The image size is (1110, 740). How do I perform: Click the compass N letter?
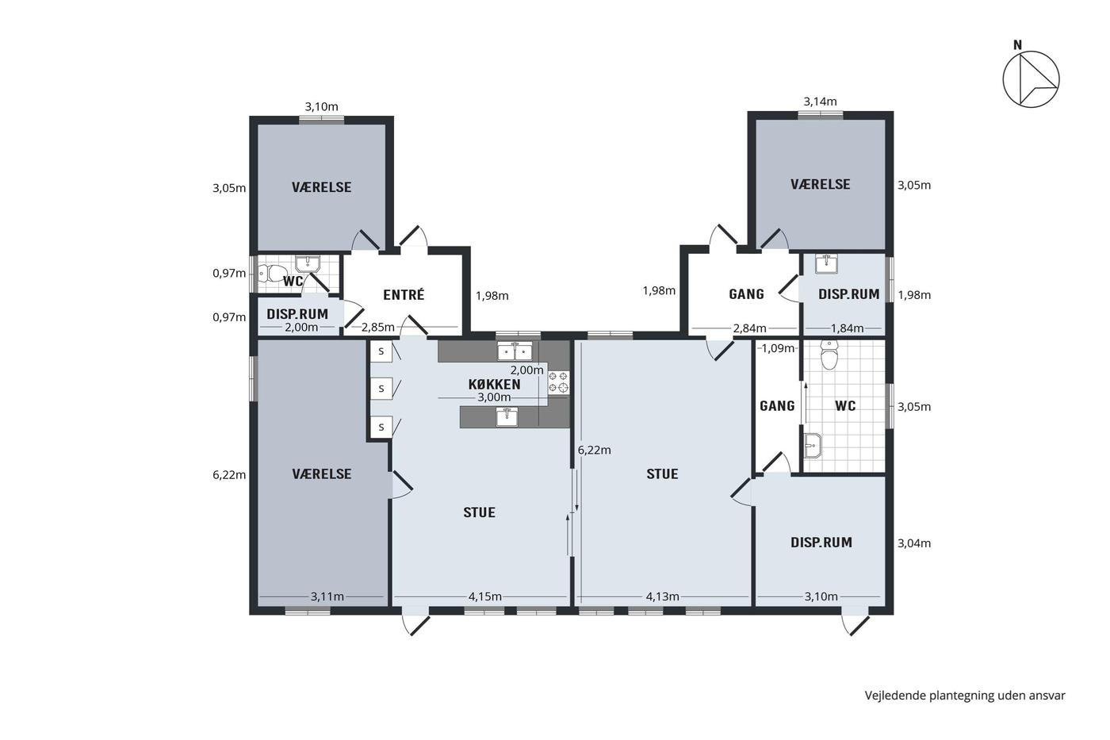pos(1017,45)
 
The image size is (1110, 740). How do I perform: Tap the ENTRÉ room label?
pos(404,295)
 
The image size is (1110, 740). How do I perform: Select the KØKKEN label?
pos(495,384)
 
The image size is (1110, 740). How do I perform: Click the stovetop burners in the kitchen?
pos(558,382)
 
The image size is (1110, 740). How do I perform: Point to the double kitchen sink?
pos(515,351)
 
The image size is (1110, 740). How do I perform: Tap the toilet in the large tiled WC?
pos(829,355)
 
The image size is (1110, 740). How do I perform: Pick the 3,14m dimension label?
pos(820,102)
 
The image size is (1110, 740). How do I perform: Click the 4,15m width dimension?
pos(484,596)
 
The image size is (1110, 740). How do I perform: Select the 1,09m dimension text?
pos(778,348)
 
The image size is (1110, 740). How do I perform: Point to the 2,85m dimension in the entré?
pos(377,327)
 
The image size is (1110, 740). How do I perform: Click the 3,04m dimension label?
pos(913,543)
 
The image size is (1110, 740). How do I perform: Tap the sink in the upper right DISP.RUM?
pos(826,263)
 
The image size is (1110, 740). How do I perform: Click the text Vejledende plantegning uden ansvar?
pos(965,696)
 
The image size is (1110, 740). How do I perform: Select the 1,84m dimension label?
pos(847,328)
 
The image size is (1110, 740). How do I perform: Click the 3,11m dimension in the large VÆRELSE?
pos(327,596)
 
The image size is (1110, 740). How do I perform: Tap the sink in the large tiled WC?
pos(813,445)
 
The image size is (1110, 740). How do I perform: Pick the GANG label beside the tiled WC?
pos(777,406)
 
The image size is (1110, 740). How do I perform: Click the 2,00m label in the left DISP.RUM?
pos(300,327)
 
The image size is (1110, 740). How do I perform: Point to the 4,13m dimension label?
pos(662,596)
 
